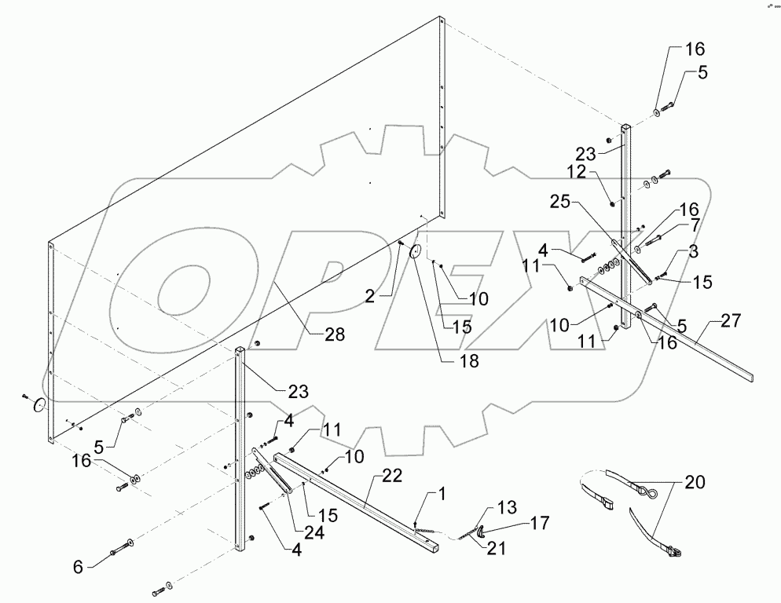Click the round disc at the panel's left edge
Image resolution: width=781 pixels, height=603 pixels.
(x=37, y=404)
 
